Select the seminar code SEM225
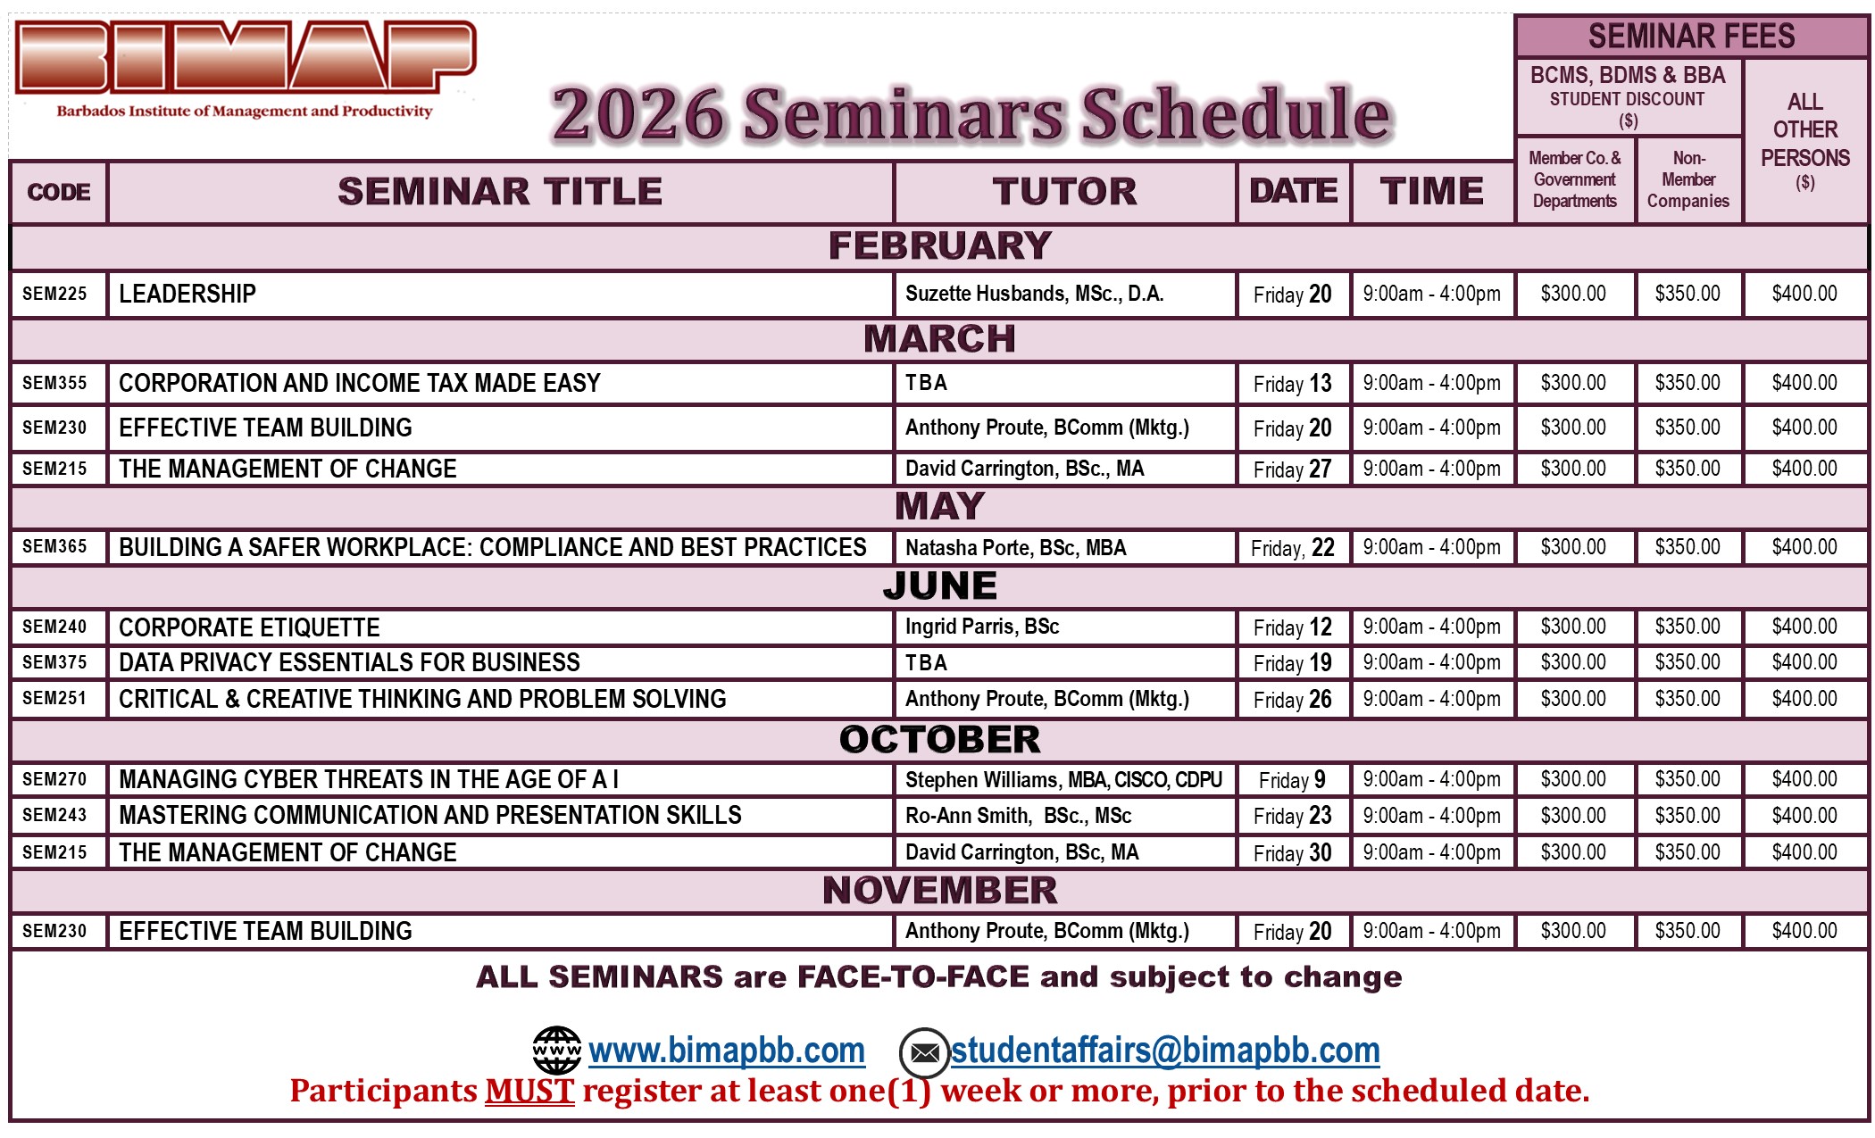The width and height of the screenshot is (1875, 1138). [x=54, y=294]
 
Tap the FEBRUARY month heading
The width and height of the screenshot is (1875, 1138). [x=939, y=246]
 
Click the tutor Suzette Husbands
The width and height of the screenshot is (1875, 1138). [x=1034, y=294]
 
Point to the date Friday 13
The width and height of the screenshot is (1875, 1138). [x=1292, y=384]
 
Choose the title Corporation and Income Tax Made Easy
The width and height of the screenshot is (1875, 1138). [x=360, y=383]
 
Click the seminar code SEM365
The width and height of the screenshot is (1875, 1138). [x=54, y=546]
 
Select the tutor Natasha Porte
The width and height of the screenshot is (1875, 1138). [x=1015, y=547]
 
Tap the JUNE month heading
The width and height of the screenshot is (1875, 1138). [x=939, y=586]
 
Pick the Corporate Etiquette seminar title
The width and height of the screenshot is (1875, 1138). [x=249, y=627]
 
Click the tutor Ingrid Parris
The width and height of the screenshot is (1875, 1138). [x=982, y=627]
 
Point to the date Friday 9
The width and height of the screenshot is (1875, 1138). [x=1292, y=780]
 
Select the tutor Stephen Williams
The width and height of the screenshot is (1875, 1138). [x=1063, y=780]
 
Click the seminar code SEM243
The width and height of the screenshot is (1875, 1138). [x=54, y=815]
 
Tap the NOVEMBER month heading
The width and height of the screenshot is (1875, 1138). [x=939, y=891]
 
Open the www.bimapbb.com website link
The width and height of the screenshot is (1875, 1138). [x=727, y=1051]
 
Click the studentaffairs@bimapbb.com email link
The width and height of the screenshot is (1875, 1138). [x=1165, y=1051]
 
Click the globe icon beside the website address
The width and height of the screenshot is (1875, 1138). [x=556, y=1051]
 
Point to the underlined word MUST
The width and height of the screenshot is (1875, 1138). [x=529, y=1091]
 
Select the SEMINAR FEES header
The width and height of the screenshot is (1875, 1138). [x=1691, y=37]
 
